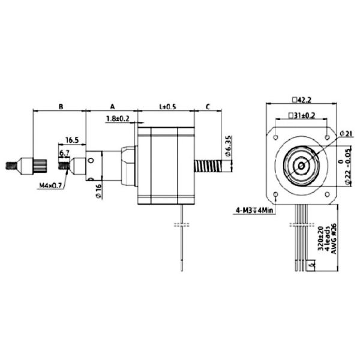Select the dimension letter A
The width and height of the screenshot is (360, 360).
pos(112,106)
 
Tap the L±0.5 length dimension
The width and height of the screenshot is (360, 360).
pos(167,106)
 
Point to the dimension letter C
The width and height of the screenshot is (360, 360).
pos(207,106)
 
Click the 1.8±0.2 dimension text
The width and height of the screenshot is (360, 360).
pos(118,119)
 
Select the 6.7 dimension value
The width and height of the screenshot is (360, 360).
pos(64,154)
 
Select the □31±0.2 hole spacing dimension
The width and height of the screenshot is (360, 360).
pos(301,115)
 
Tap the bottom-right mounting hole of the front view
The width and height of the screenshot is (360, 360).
pos(327,194)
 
